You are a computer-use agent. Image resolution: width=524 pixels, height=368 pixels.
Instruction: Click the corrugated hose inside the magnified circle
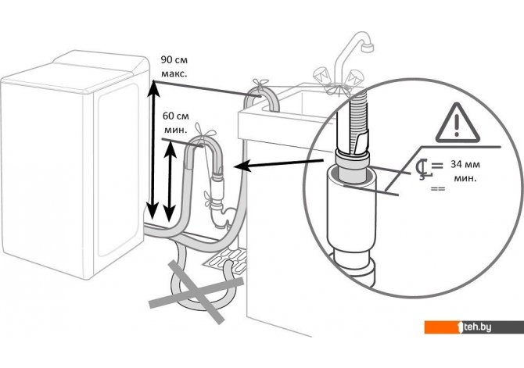pyautogui.click(x=357, y=118)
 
